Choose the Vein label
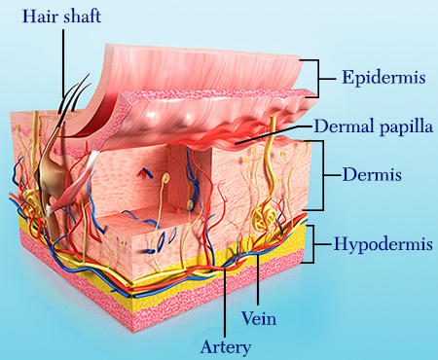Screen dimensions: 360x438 pyautogui.click(x=258, y=316)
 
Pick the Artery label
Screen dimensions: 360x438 pyautogui.click(x=226, y=345)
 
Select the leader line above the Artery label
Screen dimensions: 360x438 pyautogui.click(x=227, y=302)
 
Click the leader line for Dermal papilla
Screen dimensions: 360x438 pyautogui.click(x=277, y=137)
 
